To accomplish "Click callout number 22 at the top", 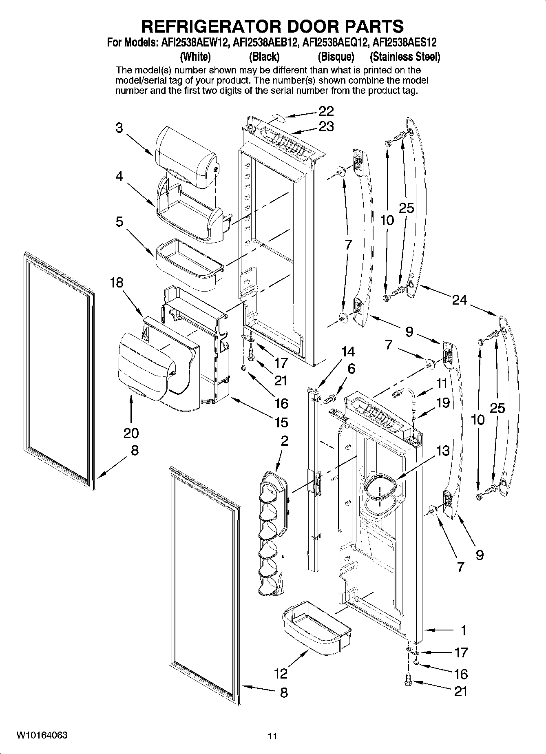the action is [326, 111].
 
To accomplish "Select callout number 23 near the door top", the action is [326, 127].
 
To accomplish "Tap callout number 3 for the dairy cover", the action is [119, 128].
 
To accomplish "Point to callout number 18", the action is [117, 283].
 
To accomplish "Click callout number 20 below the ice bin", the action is [131, 433].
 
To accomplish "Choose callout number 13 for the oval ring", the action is [442, 451].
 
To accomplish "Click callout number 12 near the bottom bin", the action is [281, 673].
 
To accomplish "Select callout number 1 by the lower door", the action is [463, 630].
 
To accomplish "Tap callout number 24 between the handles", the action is [459, 300].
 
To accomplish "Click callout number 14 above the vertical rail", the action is [348, 351].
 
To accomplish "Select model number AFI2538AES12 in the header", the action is [405, 42].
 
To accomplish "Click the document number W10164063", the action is [42, 735].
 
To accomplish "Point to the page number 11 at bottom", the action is [272, 736].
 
